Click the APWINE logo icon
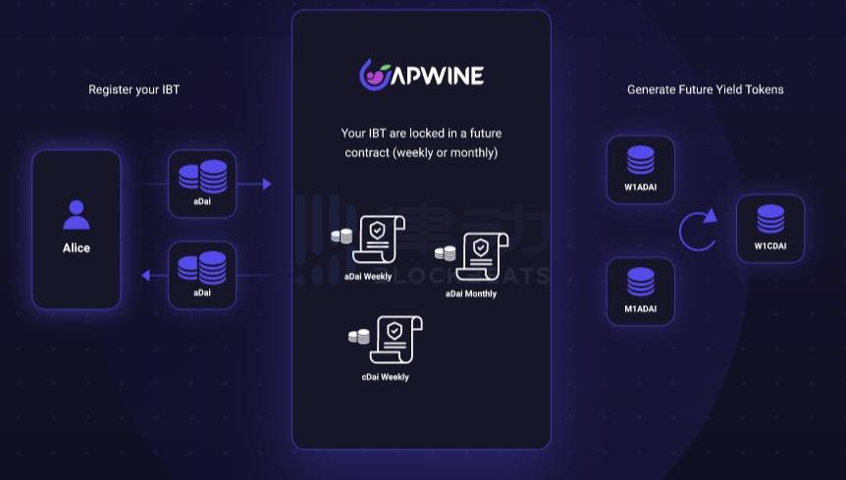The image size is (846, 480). [x=375, y=75]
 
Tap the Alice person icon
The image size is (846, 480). [x=77, y=214]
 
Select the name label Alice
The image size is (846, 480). [x=77, y=248]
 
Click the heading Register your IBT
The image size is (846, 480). [x=133, y=90]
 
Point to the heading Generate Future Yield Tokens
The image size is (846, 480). [x=705, y=90]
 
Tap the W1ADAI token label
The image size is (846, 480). [x=640, y=187]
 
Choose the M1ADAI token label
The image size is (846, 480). [x=640, y=309]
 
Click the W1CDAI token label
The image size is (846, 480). [x=770, y=245]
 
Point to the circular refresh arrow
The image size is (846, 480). [x=697, y=231]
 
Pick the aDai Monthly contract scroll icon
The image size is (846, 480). [x=481, y=258]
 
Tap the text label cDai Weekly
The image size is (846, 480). [x=379, y=378]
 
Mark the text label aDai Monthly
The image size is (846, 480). [x=471, y=293]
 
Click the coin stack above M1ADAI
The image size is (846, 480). [x=641, y=282]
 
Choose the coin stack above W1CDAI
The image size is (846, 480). [x=770, y=219]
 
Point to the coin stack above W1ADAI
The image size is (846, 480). [x=641, y=160]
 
